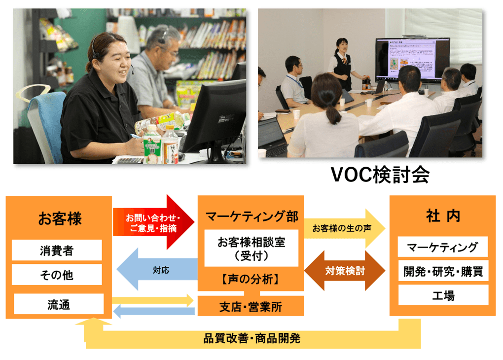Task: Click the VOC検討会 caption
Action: click(380, 175)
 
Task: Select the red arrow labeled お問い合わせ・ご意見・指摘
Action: click(154, 222)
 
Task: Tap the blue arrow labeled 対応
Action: click(157, 270)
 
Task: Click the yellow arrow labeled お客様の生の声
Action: click(345, 228)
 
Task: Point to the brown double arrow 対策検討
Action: click(345, 270)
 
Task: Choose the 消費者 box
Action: click(57, 250)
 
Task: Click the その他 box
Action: click(57, 275)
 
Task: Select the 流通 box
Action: click(59, 304)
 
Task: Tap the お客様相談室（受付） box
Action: click(251, 248)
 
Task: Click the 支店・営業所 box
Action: click(251, 306)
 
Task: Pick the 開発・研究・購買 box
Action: click(443, 271)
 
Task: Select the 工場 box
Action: click(443, 295)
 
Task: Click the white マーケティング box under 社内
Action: click(443, 247)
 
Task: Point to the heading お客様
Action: click(60, 218)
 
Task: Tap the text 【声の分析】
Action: click(250, 279)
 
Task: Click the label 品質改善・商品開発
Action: click(252, 338)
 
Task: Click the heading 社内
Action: click(443, 216)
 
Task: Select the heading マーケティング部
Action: click(252, 216)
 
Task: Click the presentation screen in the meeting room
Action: click(413, 60)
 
